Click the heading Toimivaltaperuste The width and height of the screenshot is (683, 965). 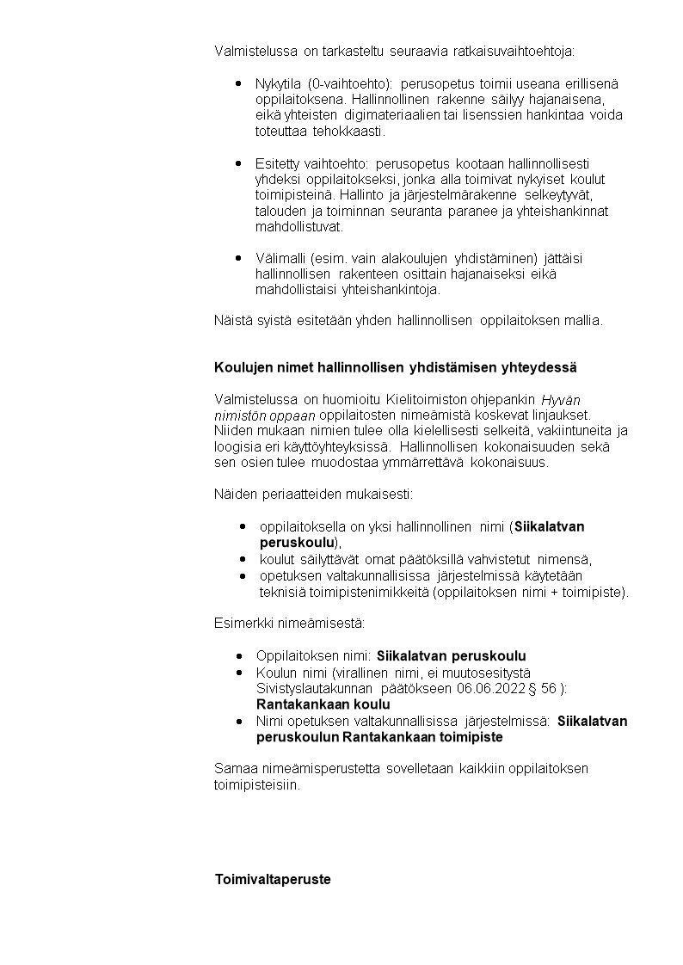(x=272, y=880)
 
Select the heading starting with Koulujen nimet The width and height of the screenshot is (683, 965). (x=395, y=367)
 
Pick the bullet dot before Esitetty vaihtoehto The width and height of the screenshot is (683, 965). (x=238, y=163)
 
